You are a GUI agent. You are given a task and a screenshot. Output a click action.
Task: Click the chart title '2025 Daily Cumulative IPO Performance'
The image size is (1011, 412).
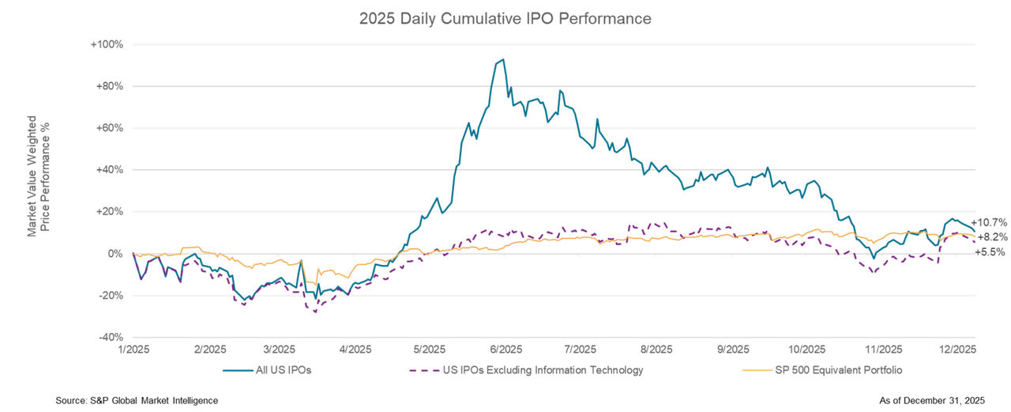tap(505, 18)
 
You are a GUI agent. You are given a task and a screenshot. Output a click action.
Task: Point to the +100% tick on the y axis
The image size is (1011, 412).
tap(107, 44)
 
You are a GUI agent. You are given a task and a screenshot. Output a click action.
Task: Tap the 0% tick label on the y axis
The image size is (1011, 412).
tap(115, 254)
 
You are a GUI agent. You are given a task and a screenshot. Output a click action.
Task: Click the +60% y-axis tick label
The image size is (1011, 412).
tap(109, 128)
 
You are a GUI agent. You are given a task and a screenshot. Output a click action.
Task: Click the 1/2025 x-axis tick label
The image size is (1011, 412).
tap(133, 349)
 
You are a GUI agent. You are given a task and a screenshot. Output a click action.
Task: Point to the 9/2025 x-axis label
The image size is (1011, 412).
tap(731, 349)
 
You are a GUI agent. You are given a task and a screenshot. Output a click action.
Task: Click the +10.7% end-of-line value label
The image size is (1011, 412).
tap(988, 222)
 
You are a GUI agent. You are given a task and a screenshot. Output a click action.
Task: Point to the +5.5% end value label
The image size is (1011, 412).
tap(990, 251)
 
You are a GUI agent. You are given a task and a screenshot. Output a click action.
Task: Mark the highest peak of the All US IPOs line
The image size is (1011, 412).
tap(503, 59)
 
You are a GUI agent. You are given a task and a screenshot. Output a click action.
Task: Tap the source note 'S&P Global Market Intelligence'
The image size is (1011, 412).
tap(137, 401)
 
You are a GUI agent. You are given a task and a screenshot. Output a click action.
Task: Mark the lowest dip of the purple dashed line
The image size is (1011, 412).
tap(315, 312)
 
